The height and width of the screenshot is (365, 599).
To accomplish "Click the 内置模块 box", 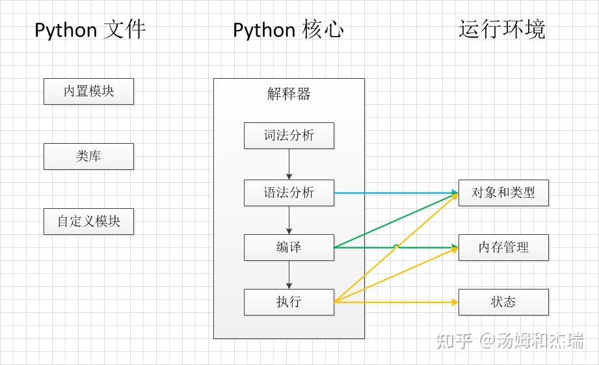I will (88, 92).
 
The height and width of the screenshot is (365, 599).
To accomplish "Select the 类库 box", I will (88, 157).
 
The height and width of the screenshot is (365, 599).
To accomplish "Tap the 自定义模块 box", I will (88, 222).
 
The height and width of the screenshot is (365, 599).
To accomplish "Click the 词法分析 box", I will (289, 135).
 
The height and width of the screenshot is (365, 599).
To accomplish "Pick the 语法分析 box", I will (289, 193).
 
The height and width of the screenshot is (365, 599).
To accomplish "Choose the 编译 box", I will (289, 248).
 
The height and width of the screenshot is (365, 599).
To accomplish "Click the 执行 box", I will (289, 303).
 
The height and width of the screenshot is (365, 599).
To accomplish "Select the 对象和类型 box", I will (503, 193).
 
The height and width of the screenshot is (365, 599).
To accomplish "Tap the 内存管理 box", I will (503, 248).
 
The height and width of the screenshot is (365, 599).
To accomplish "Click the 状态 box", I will (503, 303).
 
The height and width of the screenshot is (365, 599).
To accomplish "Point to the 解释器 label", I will (289, 94).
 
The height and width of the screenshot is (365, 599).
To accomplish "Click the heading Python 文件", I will (90, 30).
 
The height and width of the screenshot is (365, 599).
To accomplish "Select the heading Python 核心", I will (288, 30).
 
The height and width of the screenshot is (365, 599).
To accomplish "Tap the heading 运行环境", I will (501, 30).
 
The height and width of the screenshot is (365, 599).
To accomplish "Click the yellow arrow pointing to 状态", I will (397, 303).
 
